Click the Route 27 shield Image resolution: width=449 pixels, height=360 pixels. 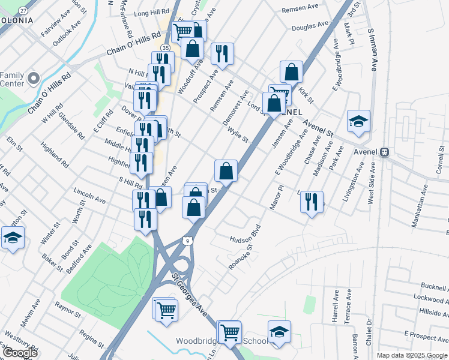tap(23, 11)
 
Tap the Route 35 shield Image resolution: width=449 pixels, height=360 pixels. tap(165, 47)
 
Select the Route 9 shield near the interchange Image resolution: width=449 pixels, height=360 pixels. tap(188, 241)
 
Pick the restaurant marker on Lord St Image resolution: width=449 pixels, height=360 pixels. tap(223, 54)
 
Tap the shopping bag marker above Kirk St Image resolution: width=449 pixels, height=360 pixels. tap(291, 72)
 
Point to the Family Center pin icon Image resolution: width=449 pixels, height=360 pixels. tap(34, 78)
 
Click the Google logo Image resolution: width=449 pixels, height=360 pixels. tap(19, 353)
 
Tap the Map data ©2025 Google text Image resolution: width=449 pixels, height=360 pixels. tap(412, 355)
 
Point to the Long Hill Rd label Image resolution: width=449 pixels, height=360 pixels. tap(152, 13)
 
